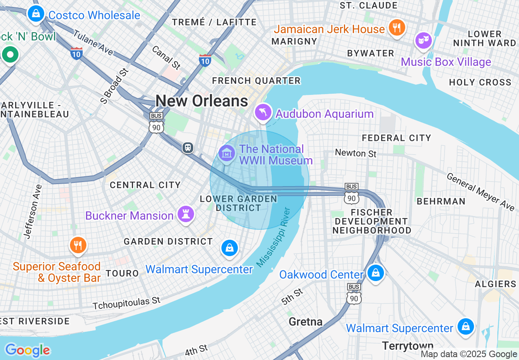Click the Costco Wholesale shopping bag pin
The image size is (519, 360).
[x=36, y=14]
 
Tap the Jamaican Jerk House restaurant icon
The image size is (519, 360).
[x=396, y=28]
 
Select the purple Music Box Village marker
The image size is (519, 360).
[x=423, y=40]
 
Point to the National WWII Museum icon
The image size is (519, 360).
[x=226, y=153]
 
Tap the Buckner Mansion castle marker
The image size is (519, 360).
[x=186, y=214]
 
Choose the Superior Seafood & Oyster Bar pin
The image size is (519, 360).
[x=78, y=245]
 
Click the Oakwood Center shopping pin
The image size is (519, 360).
[x=375, y=273]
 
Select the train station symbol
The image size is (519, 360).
[x=188, y=147]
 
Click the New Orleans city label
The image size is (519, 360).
[x=202, y=101]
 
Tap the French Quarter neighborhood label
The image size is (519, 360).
[x=256, y=81]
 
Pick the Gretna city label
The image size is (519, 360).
[x=305, y=322]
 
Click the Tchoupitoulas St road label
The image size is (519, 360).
[x=126, y=303]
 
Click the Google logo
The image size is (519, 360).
[x=27, y=350]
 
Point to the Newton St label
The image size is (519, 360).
[x=355, y=153]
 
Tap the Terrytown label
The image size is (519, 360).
[x=407, y=346]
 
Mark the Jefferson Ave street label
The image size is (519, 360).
[x=33, y=211]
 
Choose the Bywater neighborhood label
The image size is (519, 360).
[x=370, y=53]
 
